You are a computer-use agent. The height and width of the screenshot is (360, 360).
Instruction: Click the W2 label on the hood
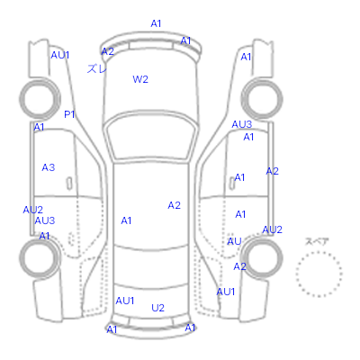point(140,79)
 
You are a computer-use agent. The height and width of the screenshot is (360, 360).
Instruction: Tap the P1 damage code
point(69,114)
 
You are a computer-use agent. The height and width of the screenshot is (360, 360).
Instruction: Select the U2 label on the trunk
point(157,308)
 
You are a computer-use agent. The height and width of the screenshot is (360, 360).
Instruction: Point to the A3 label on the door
point(49,167)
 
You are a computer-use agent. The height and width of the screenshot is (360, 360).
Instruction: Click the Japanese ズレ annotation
point(96,68)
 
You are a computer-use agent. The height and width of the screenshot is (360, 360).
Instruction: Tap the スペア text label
point(317,241)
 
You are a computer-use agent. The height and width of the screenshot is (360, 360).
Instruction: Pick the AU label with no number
point(234,241)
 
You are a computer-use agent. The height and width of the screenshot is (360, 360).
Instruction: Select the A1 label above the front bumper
point(156,23)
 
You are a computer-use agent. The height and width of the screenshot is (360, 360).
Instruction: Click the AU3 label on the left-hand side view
point(45,220)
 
